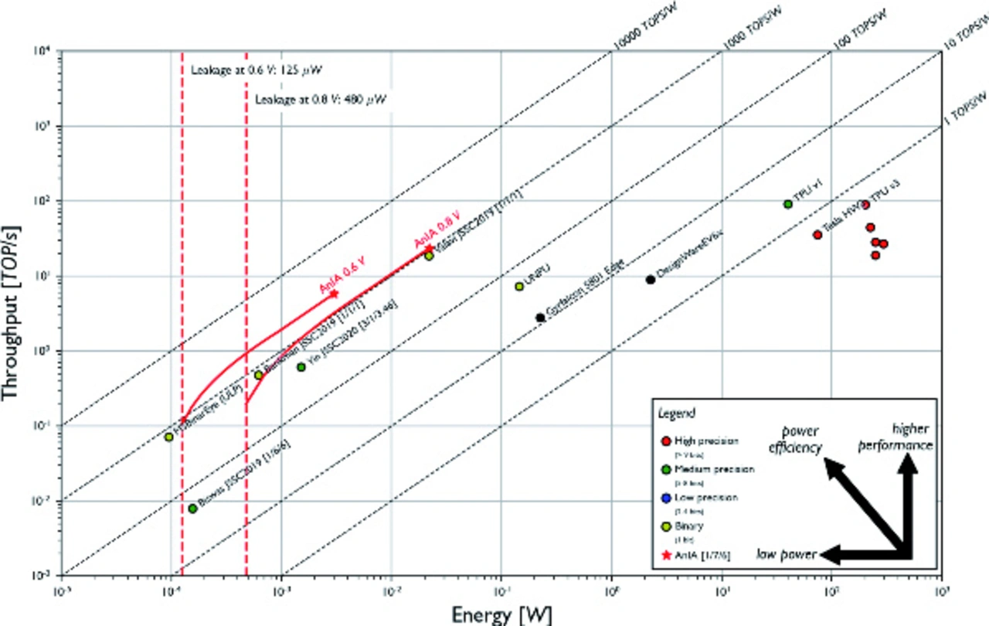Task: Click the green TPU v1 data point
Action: click(x=788, y=204)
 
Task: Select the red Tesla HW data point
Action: click(x=817, y=235)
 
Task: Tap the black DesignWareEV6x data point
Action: click(x=651, y=280)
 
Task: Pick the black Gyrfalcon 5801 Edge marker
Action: click(x=540, y=318)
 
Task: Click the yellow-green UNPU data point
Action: click(x=519, y=287)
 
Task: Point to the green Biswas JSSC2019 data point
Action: click(x=192, y=509)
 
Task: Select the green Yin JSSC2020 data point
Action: click(x=301, y=367)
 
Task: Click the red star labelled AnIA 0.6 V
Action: click(x=334, y=294)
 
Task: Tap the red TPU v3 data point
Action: click(x=865, y=205)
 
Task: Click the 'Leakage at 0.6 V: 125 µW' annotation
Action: click(x=255, y=71)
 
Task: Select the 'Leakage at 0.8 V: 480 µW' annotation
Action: click(x=320, y=100)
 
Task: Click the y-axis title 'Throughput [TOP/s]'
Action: click(x=12, y=313)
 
